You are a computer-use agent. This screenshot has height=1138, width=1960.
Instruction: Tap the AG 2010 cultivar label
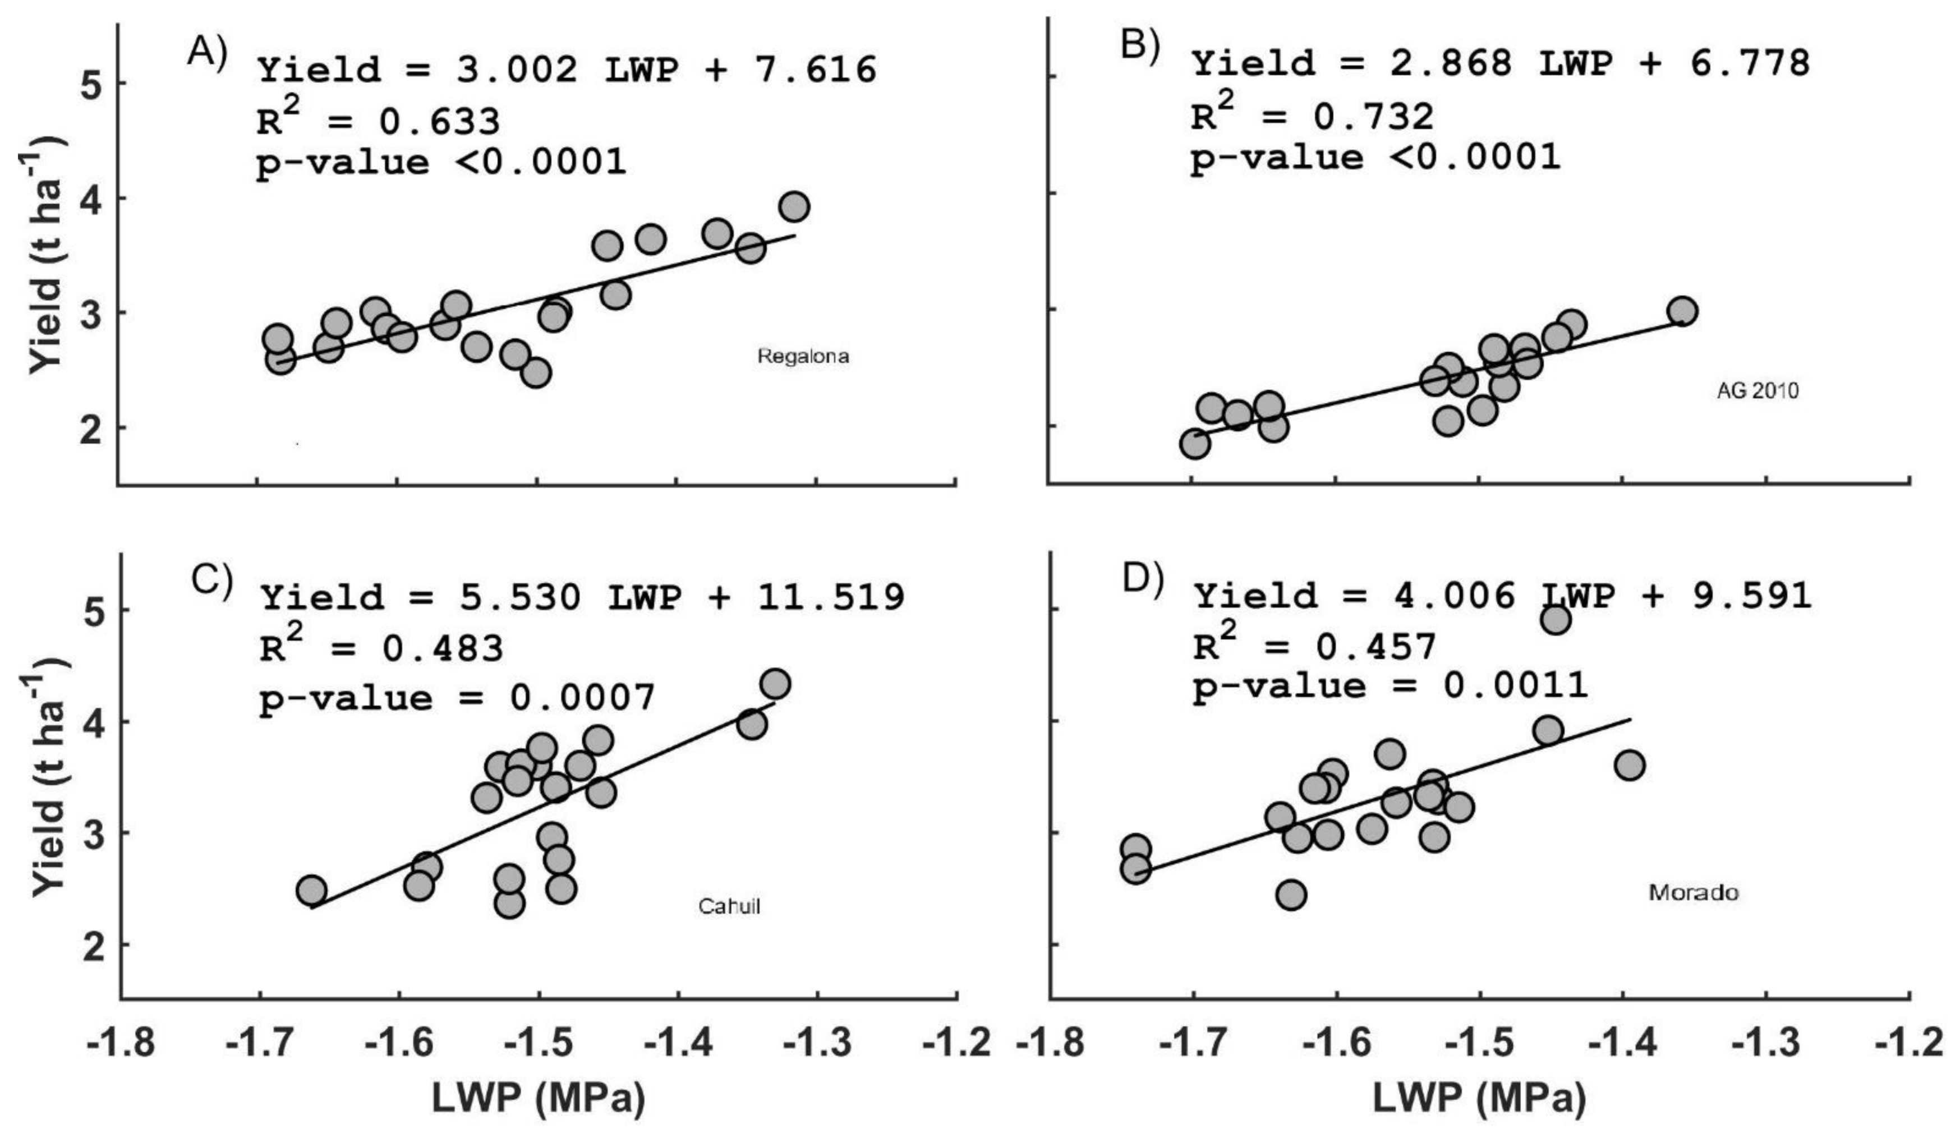pyautogui.click(x=1757, y=390)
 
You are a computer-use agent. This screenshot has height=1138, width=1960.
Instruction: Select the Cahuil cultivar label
pyautogui.click(x=729, y=906)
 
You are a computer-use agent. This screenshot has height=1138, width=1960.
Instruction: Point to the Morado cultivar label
pyautogui.click(x=1693, y=892)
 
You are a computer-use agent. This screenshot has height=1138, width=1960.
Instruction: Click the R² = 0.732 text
pyautogui.click(x=1312, y=115)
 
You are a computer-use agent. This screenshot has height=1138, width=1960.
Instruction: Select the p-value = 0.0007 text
pyautogui.click(x=457, y=697)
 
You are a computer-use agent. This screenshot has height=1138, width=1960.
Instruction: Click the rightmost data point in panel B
pyautogui.click(x=1682, y=311)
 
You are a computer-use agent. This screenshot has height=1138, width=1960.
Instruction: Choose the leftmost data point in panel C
pyautogui.click(x=311, y=890)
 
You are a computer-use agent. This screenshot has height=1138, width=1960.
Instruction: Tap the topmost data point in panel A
pyautogui.click(x=794, y=207)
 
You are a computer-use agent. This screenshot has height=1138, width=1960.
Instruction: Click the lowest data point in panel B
pyautogui.click(x=1195, y=444)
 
